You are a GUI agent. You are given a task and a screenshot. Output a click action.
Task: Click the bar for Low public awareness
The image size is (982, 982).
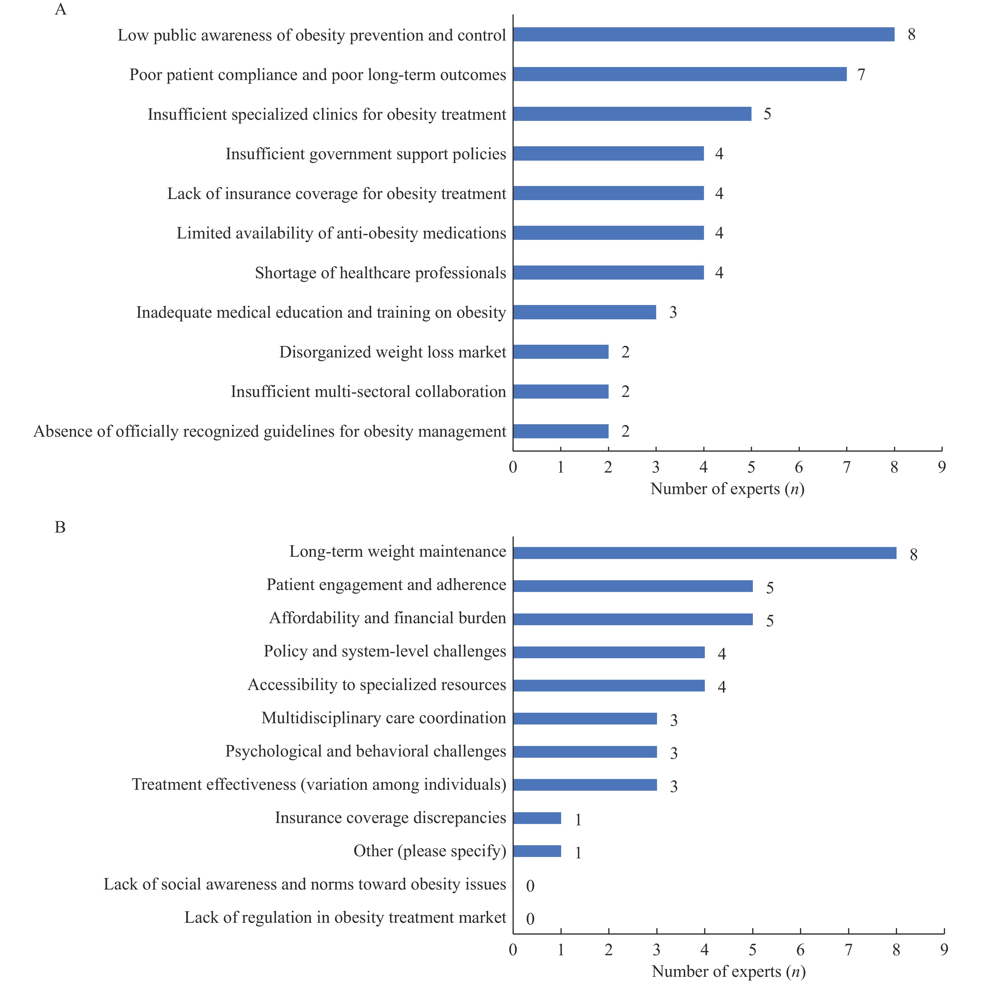(x=704, y=35)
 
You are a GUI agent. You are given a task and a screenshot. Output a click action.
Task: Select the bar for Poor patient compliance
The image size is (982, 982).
(x=680, y=74)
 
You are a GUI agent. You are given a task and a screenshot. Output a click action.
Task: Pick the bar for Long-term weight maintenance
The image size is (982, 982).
(x=705, y=553)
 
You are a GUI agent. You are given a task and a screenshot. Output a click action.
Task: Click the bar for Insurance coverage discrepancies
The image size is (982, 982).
(x=537, y=818)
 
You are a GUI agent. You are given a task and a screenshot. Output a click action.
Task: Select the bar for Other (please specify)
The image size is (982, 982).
(x=537, y=851)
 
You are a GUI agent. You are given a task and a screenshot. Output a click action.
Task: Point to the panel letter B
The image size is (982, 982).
(x=60, y=527)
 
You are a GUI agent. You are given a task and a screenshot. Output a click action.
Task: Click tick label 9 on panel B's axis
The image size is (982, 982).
(x=944, y=950)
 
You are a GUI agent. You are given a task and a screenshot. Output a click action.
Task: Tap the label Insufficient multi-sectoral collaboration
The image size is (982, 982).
(x=368, y=392)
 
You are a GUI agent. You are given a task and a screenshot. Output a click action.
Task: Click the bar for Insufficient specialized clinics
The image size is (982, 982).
(x=632, y=114)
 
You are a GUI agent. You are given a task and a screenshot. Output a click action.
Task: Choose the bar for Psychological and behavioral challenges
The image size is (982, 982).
(x=585, y=752)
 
